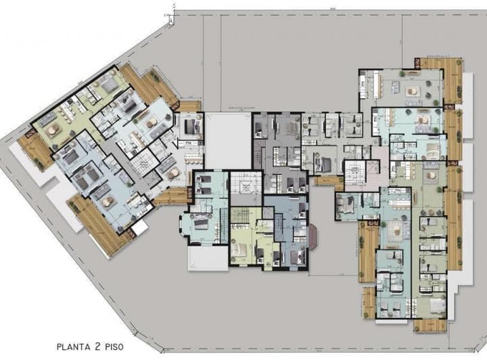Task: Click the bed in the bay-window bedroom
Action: (200, 223)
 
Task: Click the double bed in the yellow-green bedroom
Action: (240, 248)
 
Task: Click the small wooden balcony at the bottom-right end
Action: (429, 324)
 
